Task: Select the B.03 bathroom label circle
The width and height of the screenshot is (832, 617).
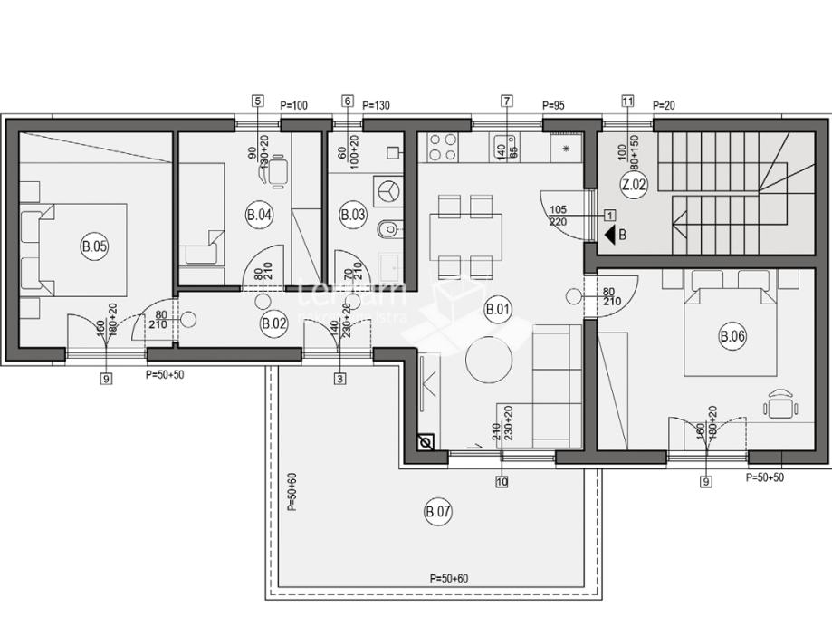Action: (x=351, y=215)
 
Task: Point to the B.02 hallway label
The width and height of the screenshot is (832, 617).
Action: (x=273, y=323)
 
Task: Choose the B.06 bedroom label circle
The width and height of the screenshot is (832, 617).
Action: (x=732, y=338)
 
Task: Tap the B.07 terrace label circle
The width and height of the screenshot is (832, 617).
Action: (x=438, y=513)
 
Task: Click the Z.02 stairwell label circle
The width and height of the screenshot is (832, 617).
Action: (x=634, y=185)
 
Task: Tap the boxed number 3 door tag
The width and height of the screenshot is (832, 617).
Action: (x=339, y=379)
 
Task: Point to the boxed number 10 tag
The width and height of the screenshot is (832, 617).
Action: (x=502, y=482)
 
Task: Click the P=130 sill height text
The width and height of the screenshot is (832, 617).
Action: (x=376, y=106)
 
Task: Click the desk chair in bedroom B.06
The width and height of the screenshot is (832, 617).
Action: (x=780, y=403)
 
